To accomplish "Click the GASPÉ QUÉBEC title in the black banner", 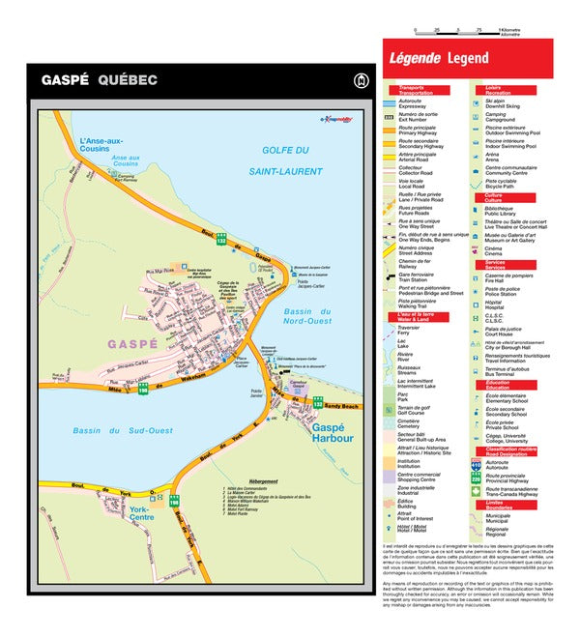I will [99, 80].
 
